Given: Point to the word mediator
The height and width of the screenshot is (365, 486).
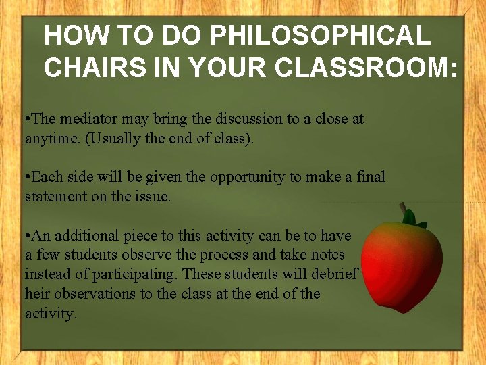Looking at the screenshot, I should (91, 119).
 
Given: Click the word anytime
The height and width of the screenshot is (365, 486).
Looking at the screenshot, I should (49, 138).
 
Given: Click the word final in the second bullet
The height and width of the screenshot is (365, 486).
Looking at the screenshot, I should (370, 177).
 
